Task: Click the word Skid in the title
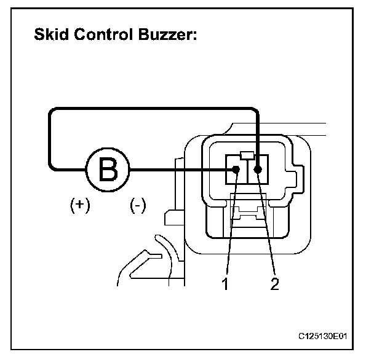click(x=52, y=36)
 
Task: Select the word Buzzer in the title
click(x=167, y=36)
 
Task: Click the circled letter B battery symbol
click(x=108, y=169)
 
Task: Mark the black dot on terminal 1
click(x=236, y=170)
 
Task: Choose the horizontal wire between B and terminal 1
click(x=178, y=170)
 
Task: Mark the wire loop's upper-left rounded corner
click(x=52, y=112)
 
